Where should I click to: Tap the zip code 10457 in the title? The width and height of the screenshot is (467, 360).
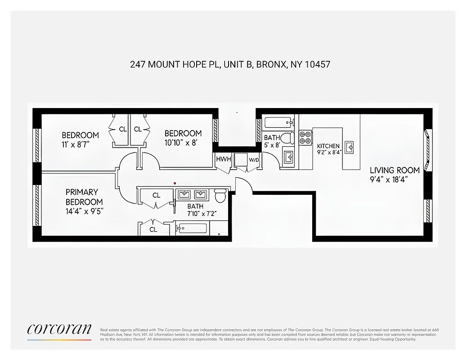tap(317, 64)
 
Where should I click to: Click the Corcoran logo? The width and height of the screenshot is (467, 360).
tap(59, 329)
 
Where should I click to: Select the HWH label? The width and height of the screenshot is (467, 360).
tap(223, 159)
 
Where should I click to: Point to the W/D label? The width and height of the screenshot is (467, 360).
tap(254, 160)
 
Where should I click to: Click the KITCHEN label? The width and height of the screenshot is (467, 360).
tap(328, 146)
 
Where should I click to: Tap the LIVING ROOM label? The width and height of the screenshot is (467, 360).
tap(395, 170)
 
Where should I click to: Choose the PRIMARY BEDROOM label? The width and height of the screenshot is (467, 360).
tap(84, 197)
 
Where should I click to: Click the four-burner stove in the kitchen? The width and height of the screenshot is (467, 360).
tap(305, 137)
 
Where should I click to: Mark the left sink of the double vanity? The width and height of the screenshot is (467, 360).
tap(184, 195)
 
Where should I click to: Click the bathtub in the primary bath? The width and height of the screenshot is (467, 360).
tap(192, 228)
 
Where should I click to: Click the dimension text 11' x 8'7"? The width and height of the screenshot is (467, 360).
tap(79, 144)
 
